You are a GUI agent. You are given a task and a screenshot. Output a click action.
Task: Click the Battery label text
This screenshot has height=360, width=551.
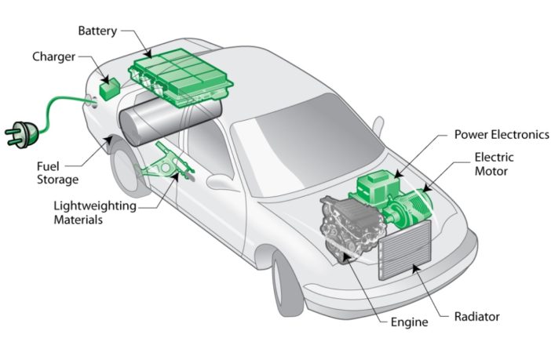tap(97, 31)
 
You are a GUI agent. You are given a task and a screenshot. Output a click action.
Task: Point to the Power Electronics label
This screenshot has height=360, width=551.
tap(502, 134)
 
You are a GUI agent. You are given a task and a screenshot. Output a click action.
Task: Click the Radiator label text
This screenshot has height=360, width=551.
tap(476, 317)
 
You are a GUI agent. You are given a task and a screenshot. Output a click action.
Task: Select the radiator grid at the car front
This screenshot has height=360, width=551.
tap(405, 249)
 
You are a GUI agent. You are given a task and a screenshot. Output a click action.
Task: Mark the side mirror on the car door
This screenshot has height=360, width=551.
tap(223, 183)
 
